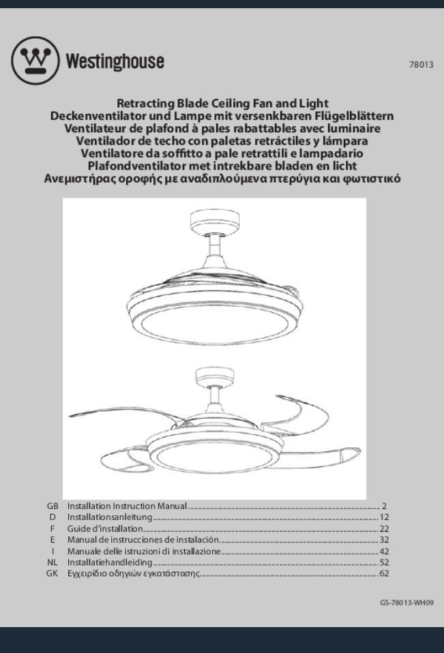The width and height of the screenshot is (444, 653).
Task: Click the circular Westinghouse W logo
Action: (x=35, y=61)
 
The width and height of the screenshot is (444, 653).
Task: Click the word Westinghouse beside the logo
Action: (x=115, y=61)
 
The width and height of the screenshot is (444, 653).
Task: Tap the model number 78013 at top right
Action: (x=421, y=65)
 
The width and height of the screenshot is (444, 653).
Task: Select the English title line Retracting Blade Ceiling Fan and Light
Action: (x=222, y=104)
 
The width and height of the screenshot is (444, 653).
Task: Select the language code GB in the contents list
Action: (x=53, y=506)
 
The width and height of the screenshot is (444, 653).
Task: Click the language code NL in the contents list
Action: (x=53, y=562)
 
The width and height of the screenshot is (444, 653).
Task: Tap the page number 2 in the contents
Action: (x=384, y=506)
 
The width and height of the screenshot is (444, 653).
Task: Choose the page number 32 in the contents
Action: (x=384, y=540)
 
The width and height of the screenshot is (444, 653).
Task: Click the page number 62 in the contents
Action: (x=384, y=574)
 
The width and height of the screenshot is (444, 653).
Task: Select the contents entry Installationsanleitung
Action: (x=109, y=517)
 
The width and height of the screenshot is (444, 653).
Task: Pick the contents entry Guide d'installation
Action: (x=105, y=529)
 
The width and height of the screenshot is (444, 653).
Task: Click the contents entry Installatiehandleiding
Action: (x=109, y=562)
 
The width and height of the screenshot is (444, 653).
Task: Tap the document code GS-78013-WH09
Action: (x=406, y=603)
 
